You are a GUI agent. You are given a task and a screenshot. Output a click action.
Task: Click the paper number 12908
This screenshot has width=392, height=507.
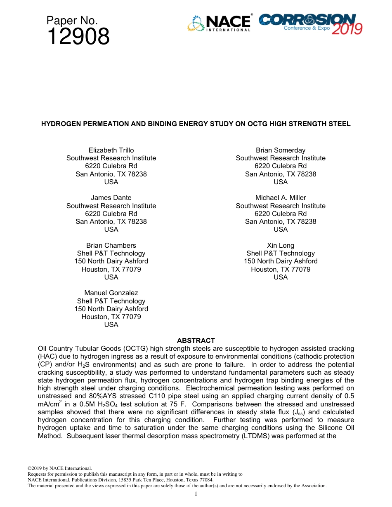pyautogui.click(x=78, y=37)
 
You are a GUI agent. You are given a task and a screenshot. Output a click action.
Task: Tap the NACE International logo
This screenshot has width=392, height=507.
pyautogui.click(x=219, y=23)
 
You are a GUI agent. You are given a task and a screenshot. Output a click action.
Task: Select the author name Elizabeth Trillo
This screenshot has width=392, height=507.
pyautogui.click(x=111, y=150)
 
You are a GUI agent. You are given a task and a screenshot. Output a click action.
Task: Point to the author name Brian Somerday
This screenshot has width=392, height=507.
pyautogui.click(x=281, y=150)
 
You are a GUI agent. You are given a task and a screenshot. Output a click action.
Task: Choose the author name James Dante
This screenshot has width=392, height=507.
pyautogui.click(x=111, y=197)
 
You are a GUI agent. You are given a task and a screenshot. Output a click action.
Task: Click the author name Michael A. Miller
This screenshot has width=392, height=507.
pyautogui.click(x=281, y=197)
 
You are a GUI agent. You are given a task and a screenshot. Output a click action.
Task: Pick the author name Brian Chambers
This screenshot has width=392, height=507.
pyautogui.click(x=111, y=245)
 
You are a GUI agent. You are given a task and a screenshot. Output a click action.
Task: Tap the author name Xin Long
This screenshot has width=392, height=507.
pyautogui.click(x=281, y=245)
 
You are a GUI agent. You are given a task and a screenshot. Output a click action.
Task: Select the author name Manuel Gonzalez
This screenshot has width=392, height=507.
pyautogui.click(x=111, y=293)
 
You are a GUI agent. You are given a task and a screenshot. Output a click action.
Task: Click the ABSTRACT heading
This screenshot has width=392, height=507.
pyautogui.click(x=196, y=340)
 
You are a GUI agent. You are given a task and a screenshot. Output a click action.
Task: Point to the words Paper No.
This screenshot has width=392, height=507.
pyautogui.click(x=72, y=21)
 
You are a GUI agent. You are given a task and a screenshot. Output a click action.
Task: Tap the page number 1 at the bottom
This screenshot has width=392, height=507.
pyautogui.click(x=196, y=494)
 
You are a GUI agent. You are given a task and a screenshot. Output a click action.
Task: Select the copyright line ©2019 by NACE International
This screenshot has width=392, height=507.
pyautogui.click(x=59, y=468)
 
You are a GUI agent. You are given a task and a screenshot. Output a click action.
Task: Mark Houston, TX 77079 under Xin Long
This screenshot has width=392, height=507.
pyautogui.click(x=281, y=269)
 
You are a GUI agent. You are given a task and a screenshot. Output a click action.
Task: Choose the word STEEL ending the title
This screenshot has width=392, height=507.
pyautogui.click(x=340, y=124)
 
